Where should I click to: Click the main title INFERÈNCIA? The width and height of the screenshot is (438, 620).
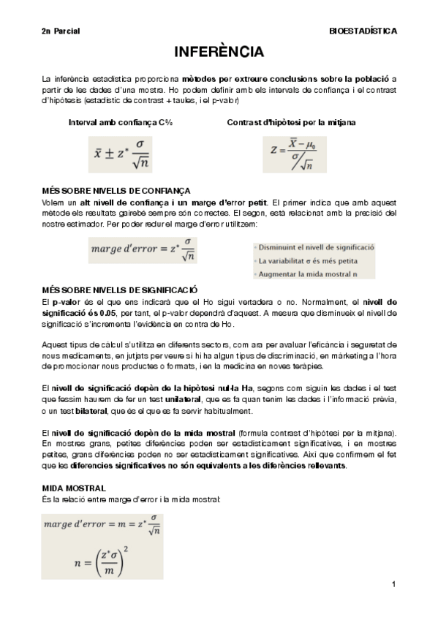click(x=219, y=53)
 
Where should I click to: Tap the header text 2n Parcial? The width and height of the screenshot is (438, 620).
click(x=60, y=31)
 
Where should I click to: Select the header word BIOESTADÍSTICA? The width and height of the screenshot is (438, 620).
click(x=363, y=31)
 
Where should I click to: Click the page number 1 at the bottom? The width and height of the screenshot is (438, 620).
click(x=393, y=584)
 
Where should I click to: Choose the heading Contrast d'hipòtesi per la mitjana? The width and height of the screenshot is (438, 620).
click(x=291, y=122)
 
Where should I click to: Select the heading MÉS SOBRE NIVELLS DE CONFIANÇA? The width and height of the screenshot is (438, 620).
click(x=116, y=189)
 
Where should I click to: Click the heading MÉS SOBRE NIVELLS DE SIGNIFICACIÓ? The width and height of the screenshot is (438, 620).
click(x=120, y=290)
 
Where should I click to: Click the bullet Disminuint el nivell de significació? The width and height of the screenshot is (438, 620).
click(x=315, y=248)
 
